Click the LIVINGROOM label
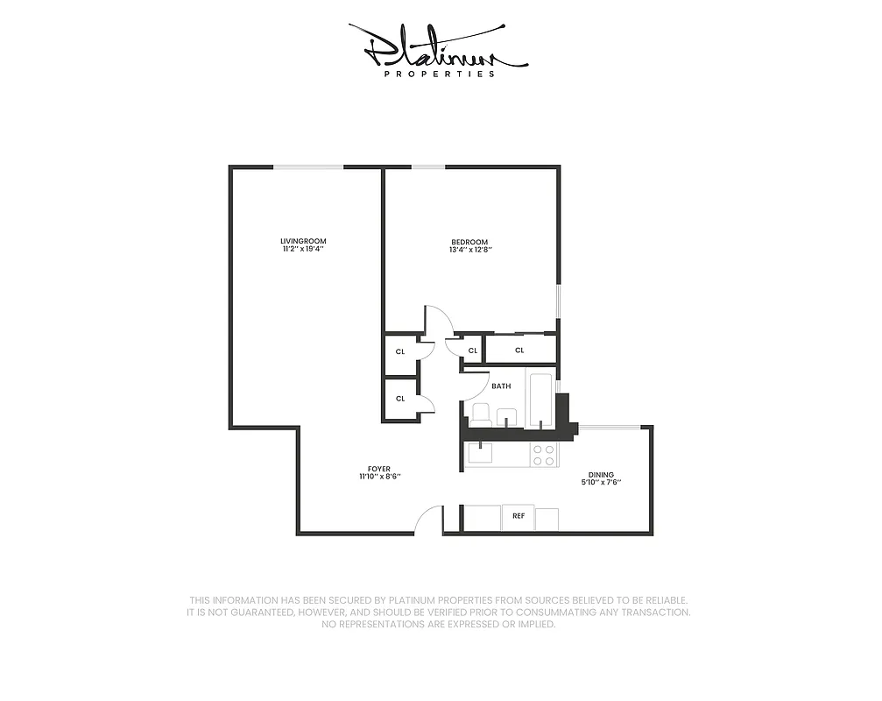click(x=303, y=241)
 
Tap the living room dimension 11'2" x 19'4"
click(x=303, y=250)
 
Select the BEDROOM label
click(x=470, y=242)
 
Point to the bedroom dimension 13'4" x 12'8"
click(x=470, y=251)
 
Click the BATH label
click(x=501, y=386)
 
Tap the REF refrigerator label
click(x=519, y=516)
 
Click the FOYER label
click(x=379, y=469)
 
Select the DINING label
click(x=601, y=474)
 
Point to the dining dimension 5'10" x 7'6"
click(x=601, y=483)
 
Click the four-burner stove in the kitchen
click(x=544, y=455)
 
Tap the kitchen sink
click(x=479, y=453)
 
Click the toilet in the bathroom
click(x=480, y=413)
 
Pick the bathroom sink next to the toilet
click(x=507, y=415)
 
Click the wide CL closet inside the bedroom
click(x=520, y=350)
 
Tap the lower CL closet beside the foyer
click(x=400, y=399)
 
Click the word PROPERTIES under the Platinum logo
click(x=441, y=74)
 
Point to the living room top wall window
click(x=307, y=166)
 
